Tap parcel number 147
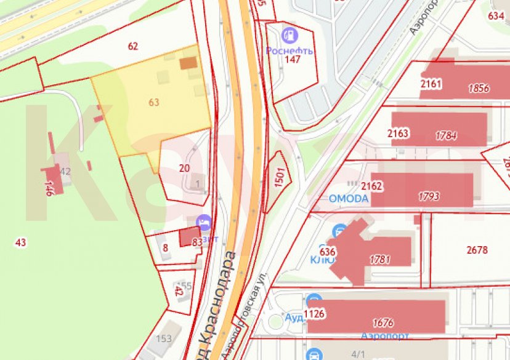point(293,59)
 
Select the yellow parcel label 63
point(154,102)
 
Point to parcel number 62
point(133,46)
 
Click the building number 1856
point(479,88)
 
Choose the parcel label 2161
point(431,84)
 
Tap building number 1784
point(446,135)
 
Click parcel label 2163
point(398,133)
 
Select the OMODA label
point(349,199)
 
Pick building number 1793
point(429,196)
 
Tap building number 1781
point(380,259)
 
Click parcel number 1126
point(314,314)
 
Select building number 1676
point(383,322)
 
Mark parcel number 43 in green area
point(21,242)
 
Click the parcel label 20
point(184,167)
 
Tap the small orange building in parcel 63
point(188,63)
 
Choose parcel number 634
point(496,16)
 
